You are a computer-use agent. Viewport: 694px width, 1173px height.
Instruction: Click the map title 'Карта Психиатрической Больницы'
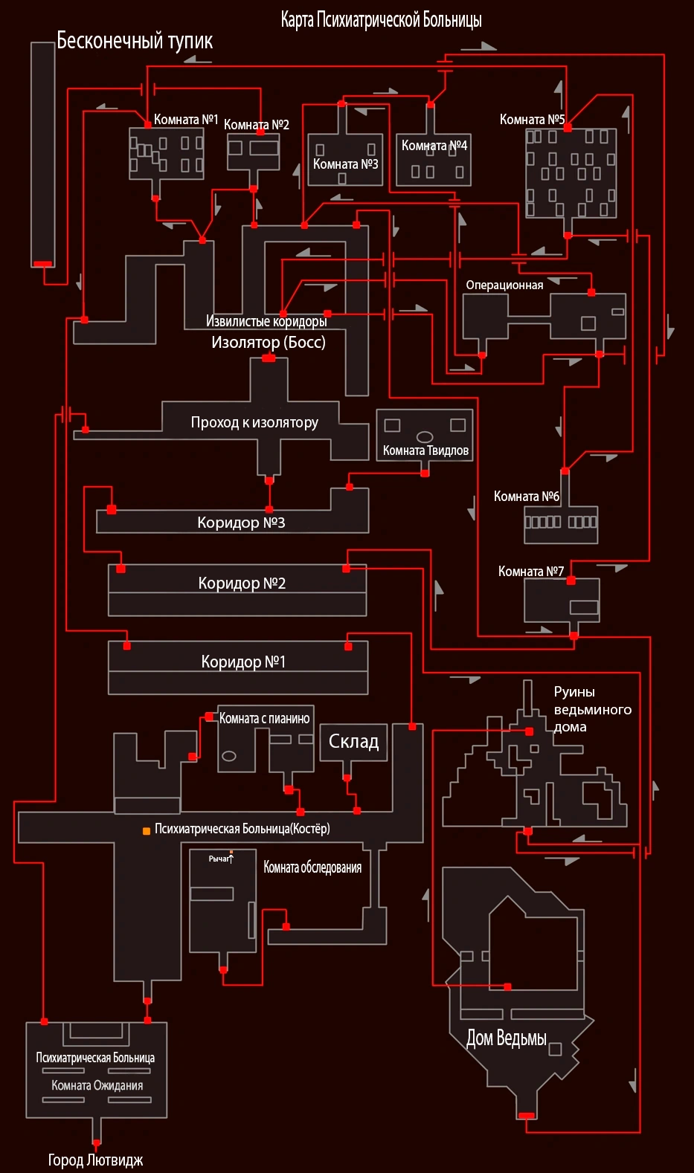381,20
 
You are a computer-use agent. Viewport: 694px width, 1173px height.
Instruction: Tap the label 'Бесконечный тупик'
135,41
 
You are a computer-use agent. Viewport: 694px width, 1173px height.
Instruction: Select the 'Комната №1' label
185,120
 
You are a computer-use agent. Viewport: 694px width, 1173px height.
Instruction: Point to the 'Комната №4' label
434,145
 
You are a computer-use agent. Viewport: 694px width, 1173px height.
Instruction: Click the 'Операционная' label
504,285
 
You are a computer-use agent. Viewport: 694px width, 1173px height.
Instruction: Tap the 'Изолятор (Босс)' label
269,343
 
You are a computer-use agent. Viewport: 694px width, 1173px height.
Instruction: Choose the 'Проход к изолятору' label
254,423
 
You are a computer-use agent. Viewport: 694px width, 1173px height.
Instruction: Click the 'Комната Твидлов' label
425,450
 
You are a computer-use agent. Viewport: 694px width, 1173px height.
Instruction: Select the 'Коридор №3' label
241,523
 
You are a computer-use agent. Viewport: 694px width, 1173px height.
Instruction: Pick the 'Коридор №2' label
242,584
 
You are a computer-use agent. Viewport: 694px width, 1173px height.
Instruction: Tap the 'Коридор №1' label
243,662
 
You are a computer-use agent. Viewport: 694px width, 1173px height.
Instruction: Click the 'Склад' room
353,742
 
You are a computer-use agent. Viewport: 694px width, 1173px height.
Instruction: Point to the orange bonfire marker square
147,831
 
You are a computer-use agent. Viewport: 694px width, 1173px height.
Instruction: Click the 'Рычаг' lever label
219,859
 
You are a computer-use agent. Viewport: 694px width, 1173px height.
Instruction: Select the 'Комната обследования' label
312,867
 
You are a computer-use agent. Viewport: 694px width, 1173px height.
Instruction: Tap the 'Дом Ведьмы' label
507,1038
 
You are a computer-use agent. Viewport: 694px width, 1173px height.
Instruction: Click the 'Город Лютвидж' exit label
95,1160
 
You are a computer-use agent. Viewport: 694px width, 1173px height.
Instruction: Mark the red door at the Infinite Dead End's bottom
43,264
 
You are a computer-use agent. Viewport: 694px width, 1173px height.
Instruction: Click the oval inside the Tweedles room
425,437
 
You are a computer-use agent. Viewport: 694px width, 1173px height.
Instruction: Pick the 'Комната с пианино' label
264,719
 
